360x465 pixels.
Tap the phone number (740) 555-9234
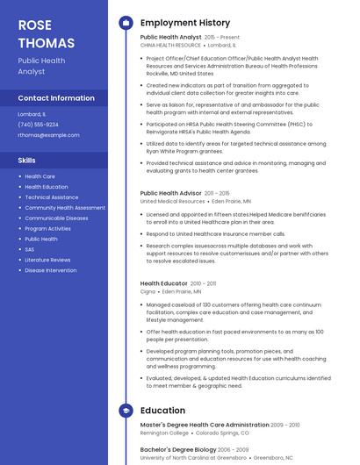click(39, 125)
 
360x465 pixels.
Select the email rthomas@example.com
click(48, 135)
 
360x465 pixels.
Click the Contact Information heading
click(56, 98)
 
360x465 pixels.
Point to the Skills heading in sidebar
click(27, 161)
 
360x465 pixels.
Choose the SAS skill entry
click(30, 249)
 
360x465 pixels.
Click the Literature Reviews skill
click(47, 260)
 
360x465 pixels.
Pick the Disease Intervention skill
click(51, 270)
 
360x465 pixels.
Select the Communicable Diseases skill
click(56, 218)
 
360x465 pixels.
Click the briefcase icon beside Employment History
click(126, 23)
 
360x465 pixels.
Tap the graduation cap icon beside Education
click(126, 411)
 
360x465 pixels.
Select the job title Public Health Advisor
click(171, 193)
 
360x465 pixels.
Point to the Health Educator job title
click(164, 283)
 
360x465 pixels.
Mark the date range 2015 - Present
click(221, 38)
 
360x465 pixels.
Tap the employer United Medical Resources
click(173, 201)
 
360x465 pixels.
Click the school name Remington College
click(164, 433)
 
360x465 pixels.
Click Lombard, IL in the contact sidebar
click(32, 114)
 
